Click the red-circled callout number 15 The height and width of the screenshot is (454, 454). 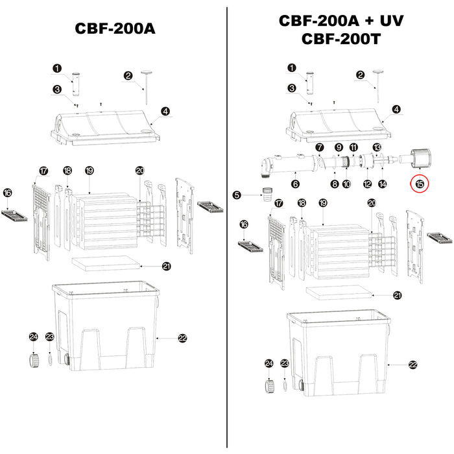(x=420, y=184)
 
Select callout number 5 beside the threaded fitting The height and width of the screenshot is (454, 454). (x=237, y=195)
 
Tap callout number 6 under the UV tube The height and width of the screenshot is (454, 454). (x=296, y=184)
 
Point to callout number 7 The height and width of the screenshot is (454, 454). (x=319, y=149)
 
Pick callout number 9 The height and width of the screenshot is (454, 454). (x=339, y=149)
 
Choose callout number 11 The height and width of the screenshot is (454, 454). (x=353, y=149)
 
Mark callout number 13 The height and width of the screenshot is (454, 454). (x=377, y=149)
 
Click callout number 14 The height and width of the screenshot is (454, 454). (x=382, y=184)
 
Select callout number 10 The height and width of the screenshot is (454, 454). (x=346, y=184)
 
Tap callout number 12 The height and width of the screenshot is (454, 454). (x=367, y=184)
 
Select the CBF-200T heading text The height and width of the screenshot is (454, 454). (x=341, y=38)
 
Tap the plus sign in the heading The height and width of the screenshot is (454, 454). (x=368, y=21)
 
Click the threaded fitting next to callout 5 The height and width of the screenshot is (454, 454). (x=265, y=195)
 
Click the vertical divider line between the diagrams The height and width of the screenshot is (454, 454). (x=226, y=227)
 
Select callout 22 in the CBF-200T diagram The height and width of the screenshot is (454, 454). (x=413, y=365)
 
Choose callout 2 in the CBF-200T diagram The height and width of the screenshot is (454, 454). (x=360, y=75)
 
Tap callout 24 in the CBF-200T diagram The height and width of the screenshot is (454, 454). (x=268, y=365)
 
